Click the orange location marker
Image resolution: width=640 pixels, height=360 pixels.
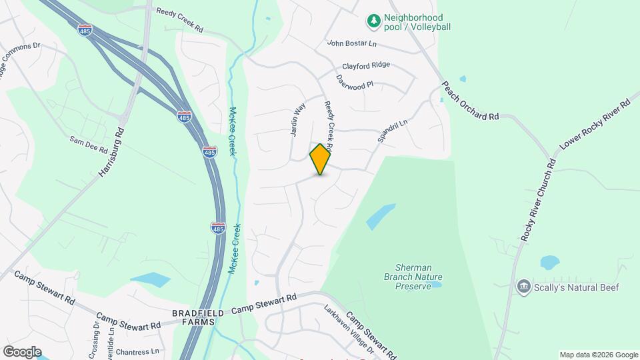(x=320, y=159)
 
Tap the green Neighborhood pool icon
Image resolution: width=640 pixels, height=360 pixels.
(x=374, y=21)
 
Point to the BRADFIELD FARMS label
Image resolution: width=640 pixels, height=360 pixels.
(x=193, y=317)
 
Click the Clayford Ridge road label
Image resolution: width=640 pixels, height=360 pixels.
(x=366, y=66)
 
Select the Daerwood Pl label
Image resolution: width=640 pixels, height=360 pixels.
(x=359, y=86)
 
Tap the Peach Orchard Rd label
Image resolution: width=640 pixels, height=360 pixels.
(x=470, y=102)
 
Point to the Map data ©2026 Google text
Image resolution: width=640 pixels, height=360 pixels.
(x=599, y=355)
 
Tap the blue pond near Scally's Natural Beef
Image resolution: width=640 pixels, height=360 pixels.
(x=549, y=261)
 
